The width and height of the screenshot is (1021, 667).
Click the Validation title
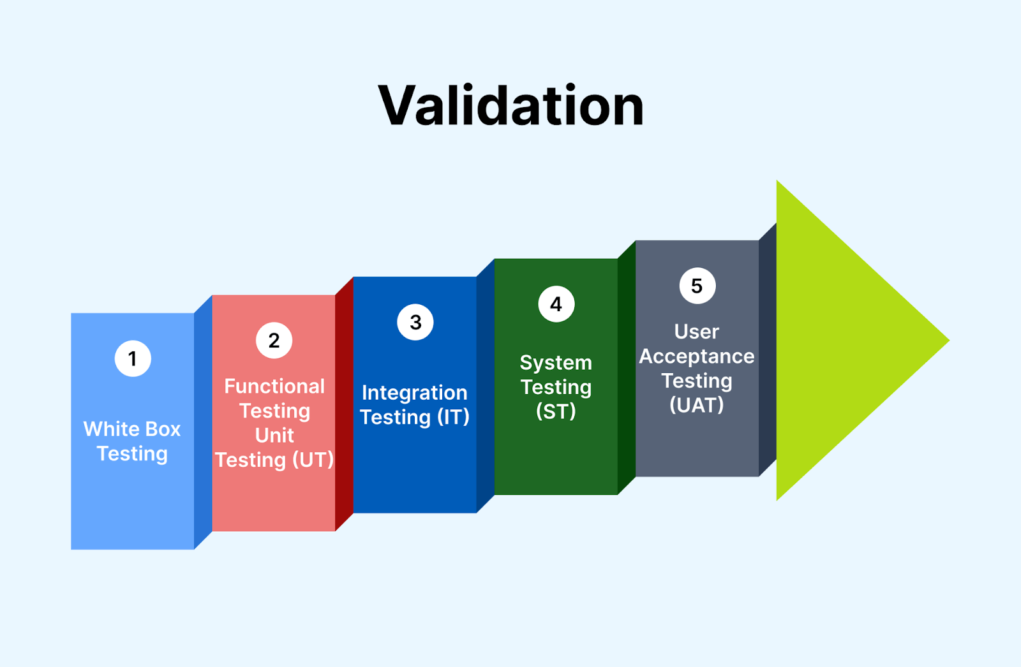tap(511, 106)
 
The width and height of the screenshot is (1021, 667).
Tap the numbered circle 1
tap(133, 358)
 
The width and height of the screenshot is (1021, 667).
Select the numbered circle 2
tap(274, 341)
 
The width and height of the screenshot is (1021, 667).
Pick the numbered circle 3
tap(415, 322)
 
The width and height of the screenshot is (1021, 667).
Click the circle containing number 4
tap(556, 304)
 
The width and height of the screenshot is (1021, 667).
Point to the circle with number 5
tap(697, 286)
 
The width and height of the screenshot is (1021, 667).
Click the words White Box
tap(132, 429)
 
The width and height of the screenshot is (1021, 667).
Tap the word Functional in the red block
tap(274, 386)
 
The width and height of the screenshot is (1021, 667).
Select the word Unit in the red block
tap(274, 436)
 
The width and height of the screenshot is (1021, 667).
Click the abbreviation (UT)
tap(313, 460)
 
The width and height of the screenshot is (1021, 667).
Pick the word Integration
tap(415, 393)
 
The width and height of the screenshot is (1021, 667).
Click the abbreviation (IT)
tap(453, 417)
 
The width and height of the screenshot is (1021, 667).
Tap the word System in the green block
tap(556, 363)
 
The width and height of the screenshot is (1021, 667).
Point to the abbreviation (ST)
tap(556, 411)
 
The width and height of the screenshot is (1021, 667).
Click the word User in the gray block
tap(697, 332)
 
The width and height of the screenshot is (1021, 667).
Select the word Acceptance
tap(697, 356)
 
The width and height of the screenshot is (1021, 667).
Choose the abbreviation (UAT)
tap(697, 405)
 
